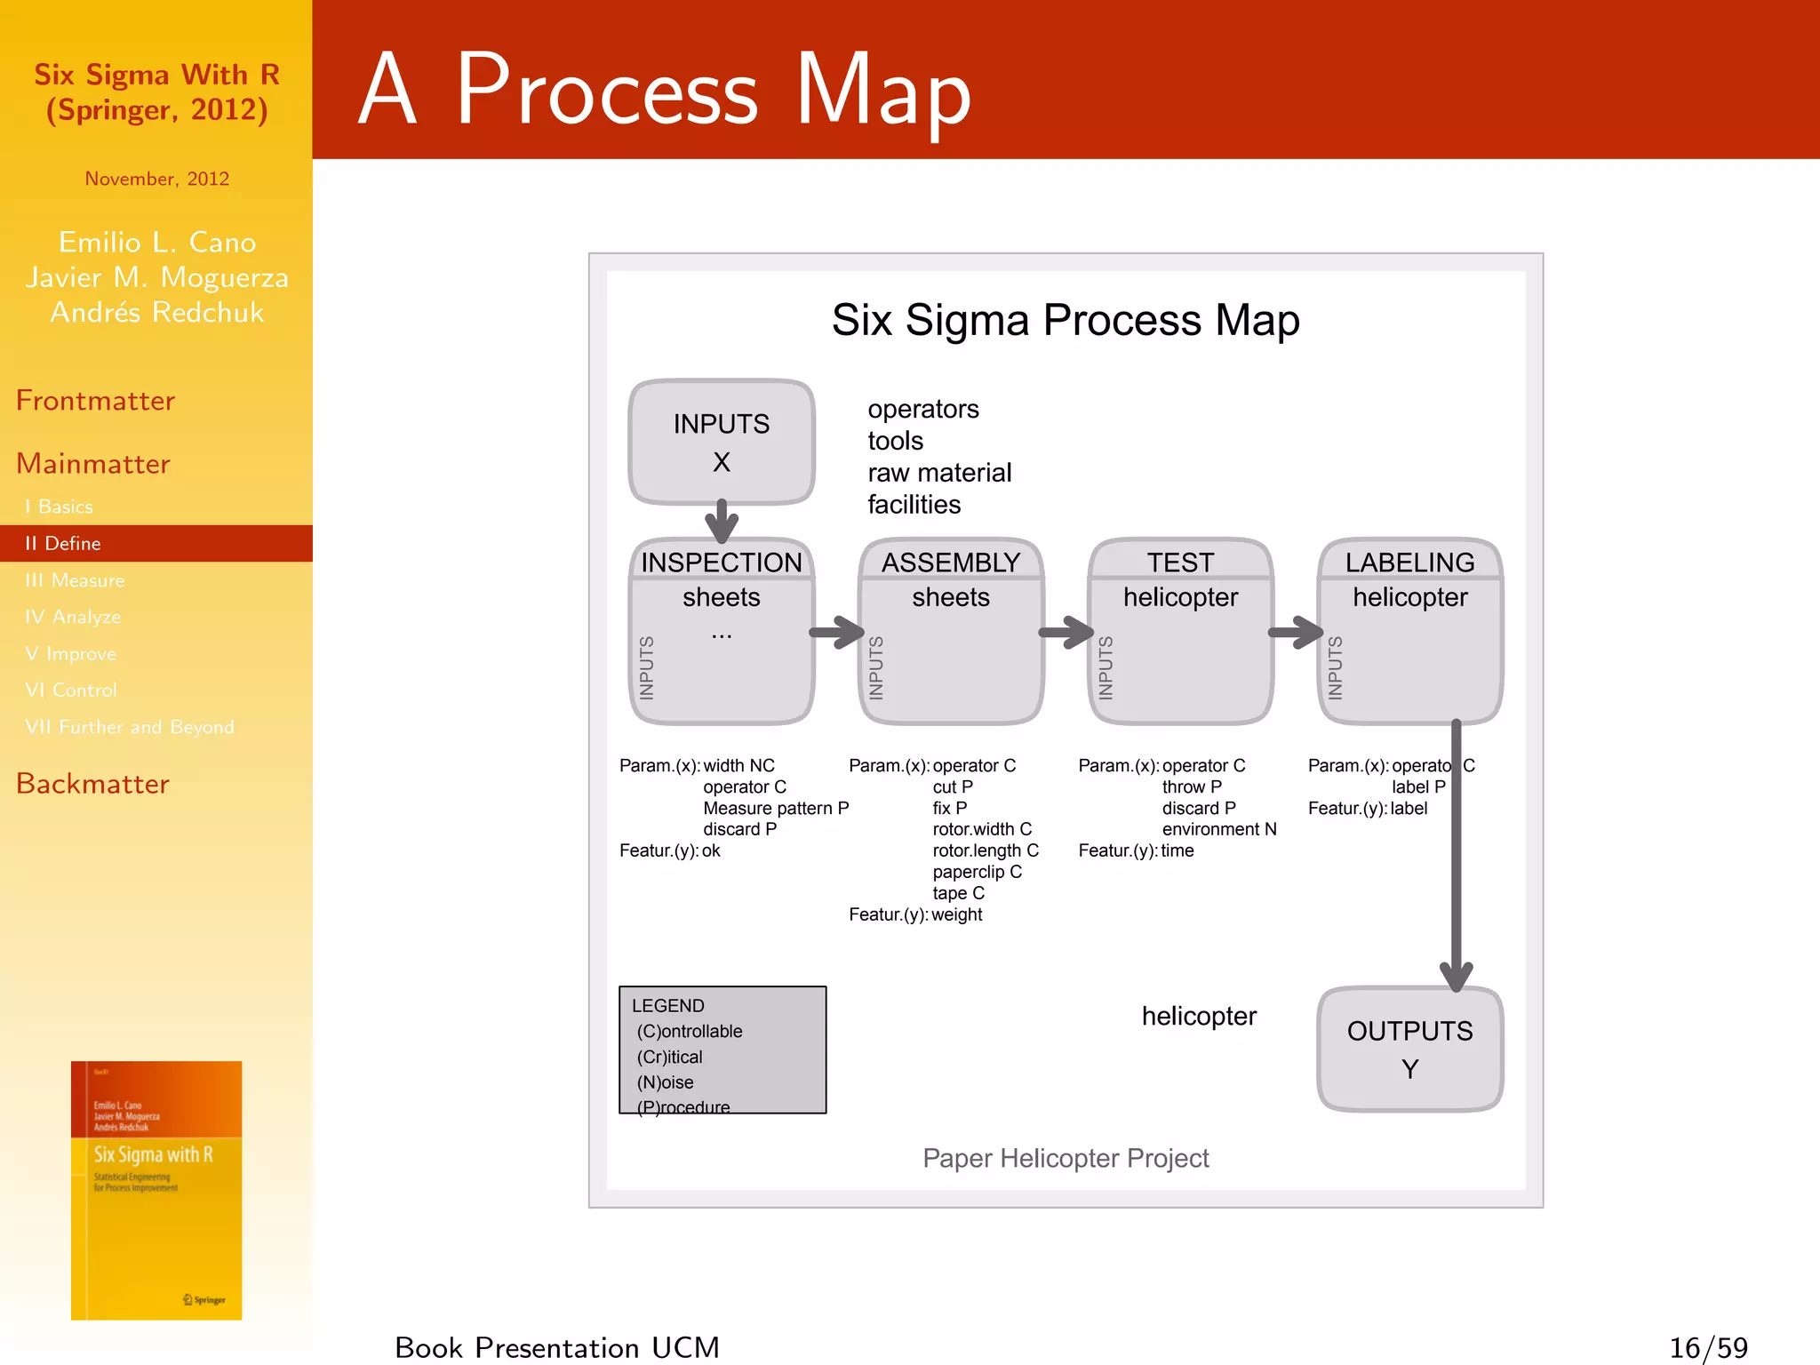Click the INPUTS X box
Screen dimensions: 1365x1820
(721, 442)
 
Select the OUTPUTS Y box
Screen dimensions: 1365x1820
(1409, 1049)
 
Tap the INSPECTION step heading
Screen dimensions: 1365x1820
(721, 562)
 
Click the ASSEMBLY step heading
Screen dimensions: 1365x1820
(950, 562)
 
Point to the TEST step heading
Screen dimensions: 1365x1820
(1179, 562)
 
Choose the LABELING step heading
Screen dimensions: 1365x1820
(1409, 562)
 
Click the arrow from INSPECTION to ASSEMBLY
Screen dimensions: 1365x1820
(836, 633)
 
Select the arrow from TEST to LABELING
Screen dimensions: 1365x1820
(1296, 633)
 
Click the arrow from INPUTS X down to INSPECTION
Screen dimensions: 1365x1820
(722, 521)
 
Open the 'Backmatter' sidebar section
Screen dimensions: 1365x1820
(92, 783)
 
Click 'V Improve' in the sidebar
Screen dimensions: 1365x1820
(70, 653)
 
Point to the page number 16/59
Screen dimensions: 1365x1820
(1708, 1347)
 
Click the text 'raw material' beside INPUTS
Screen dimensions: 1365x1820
(939, 472)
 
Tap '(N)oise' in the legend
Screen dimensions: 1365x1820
(665, 1082)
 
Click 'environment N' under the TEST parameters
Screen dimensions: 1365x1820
(1218, 829)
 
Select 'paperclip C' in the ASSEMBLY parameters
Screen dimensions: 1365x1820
(977, 872)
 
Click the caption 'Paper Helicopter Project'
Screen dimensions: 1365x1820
(1066, 1158)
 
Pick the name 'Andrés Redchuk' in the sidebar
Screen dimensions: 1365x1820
(156, 312)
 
